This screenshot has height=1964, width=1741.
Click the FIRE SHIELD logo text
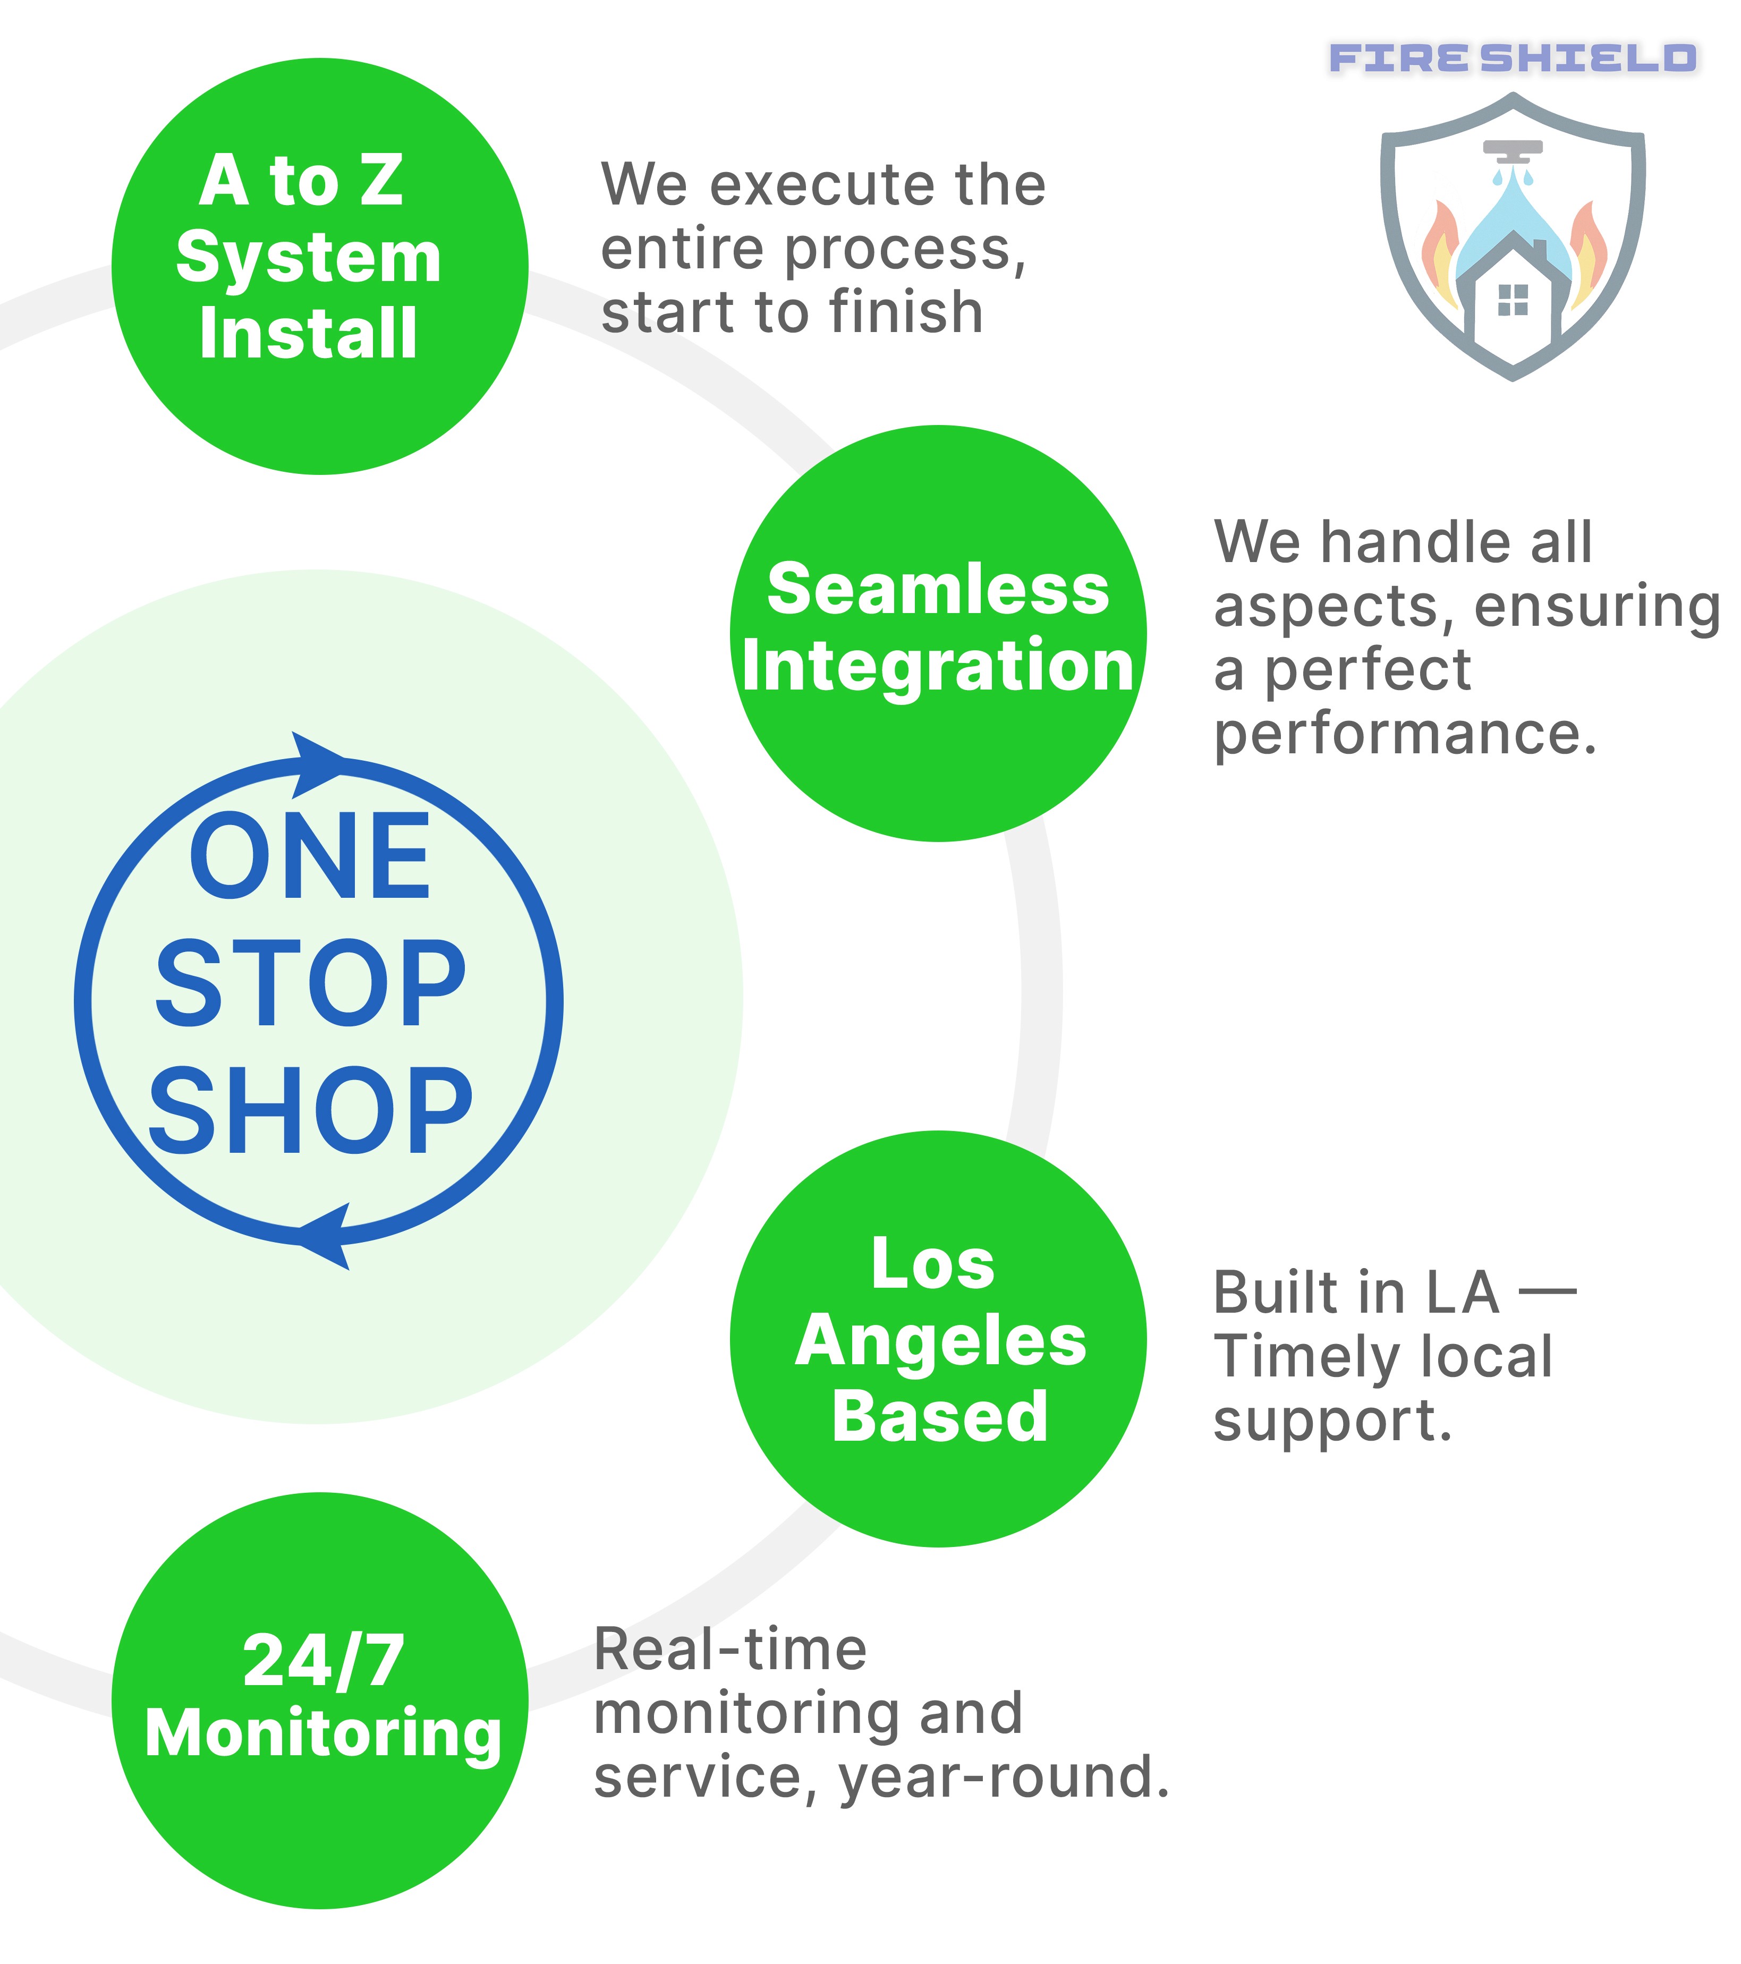coord(1513,58)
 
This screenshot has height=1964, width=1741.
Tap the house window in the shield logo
coord(1513,300)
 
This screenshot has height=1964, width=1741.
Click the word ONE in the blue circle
coord(309,856)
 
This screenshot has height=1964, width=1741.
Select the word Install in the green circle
coord(309,334)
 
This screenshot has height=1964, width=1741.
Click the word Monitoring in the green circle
coord(323,1736)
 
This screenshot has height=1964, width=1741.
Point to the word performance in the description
coord(1405,736)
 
